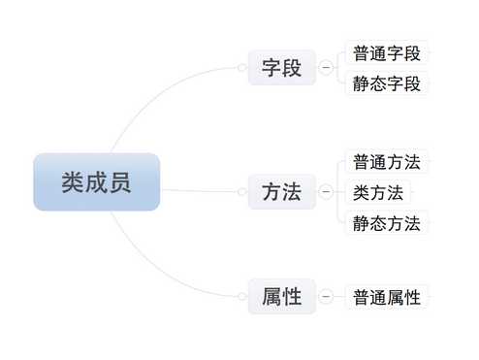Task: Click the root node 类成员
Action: (x=96, y=181)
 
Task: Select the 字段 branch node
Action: (x=282, y=68)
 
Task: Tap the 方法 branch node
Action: (x=282, y=192)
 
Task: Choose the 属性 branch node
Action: (x=282, y=297)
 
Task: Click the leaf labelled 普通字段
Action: (x=387, y=53)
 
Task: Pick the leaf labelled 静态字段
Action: (x=387, y=83)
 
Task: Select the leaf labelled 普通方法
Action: (x=387, y=161)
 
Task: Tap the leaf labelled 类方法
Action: (x=376, y=192)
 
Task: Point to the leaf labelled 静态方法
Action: (x=387, y=223)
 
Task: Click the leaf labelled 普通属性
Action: (x=387, y=297)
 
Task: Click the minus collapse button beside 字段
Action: (x=325, y=68)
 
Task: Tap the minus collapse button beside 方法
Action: (x=325, y=192)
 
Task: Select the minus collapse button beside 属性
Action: (x=325, y=297)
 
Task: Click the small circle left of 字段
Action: (x=241, y=68)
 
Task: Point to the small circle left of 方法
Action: (x=241, y=192)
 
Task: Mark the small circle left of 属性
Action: (x=241, y=297)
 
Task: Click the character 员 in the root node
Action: (x=120, y=181)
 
